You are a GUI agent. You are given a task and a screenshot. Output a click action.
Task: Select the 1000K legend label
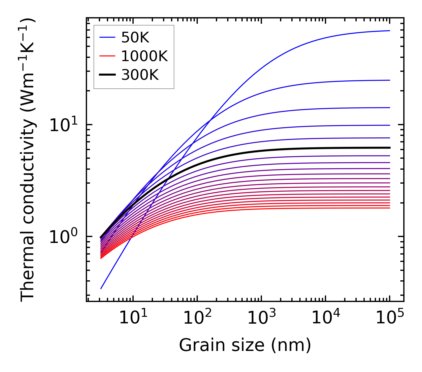tap(144, 56)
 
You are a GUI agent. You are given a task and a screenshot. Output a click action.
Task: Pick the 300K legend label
tap(140, 75)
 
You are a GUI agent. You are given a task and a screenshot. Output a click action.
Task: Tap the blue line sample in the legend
tap(107, 37)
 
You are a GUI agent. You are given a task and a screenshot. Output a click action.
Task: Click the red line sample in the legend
tap(107, 56)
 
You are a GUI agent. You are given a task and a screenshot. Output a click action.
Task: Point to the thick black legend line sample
tap(107, 75)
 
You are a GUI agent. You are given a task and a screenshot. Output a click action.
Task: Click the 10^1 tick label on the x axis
tap(133, 319)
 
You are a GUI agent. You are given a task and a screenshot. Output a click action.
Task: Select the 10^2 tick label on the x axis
tap(197, 319)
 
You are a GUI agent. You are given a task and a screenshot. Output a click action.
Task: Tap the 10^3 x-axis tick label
tap(261, 319)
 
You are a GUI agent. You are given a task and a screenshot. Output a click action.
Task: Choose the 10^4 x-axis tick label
tap(325, 319)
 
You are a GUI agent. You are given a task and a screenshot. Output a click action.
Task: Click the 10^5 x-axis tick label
tap(390, 319)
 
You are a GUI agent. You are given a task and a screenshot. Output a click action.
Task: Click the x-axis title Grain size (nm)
tap(245, 346)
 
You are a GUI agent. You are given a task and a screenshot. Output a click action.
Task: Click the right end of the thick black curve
tap(390, 147)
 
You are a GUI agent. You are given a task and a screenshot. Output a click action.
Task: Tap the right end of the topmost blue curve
tap(390, 31)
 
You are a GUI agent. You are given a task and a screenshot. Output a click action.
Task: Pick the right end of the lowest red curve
tap(390, 208)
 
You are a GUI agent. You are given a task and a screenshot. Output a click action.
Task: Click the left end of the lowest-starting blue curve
tap(101, 289)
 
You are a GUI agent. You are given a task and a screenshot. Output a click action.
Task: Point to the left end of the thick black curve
tap(101, 238)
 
